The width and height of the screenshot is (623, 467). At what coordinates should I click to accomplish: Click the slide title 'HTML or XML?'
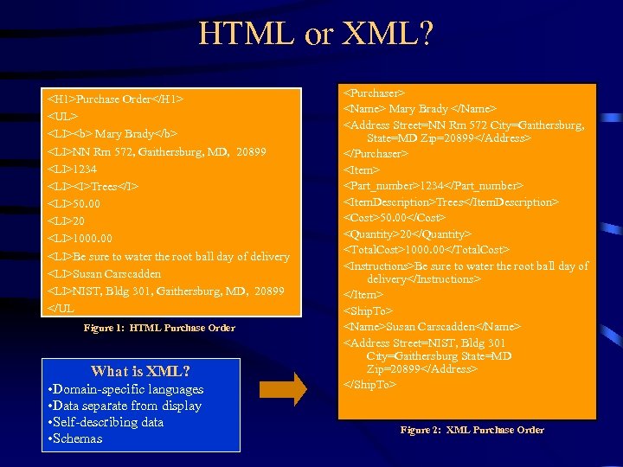(x=315, y=35)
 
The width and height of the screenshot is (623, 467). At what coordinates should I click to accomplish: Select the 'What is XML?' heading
(x=140, y=371)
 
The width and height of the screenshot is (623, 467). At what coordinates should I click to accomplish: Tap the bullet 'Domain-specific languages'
(x=126, y=389)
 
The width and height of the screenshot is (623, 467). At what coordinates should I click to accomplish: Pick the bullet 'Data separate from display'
(x=126, y=406)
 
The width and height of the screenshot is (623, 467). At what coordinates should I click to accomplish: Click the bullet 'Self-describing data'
(x=107, y=422)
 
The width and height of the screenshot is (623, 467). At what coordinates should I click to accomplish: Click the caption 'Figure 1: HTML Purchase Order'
(x=159, y=328)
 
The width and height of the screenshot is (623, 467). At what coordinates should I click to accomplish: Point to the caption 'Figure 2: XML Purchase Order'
(x=472, y=430)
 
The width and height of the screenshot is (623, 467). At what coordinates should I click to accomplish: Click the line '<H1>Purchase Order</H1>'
(x=116, y=99)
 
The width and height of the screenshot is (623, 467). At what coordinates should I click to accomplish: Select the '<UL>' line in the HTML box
(x=63, y=116)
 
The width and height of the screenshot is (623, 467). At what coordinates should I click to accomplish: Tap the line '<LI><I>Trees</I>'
(x=93, y=186)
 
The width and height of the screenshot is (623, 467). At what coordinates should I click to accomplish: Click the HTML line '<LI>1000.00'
(x=80, y=238)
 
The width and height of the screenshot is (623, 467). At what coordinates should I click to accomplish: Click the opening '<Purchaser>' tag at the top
(x=376, y=93)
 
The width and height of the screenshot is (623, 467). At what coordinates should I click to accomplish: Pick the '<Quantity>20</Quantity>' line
(x=408, y=234)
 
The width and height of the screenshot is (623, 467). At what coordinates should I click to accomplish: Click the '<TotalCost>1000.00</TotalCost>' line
(x=427, y=250)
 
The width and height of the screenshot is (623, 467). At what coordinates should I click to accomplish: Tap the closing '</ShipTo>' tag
(x=370, y=383)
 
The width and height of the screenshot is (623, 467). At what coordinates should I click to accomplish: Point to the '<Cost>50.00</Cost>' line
(x=395, y=218)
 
